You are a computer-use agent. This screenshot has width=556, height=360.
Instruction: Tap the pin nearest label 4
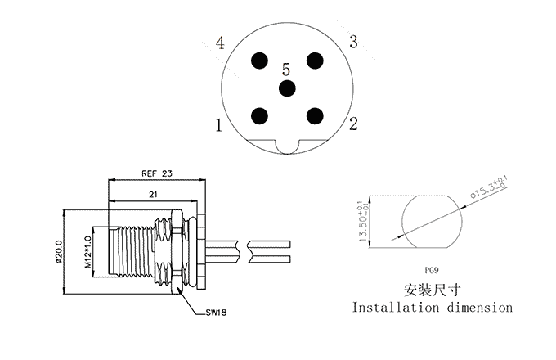[261, 61]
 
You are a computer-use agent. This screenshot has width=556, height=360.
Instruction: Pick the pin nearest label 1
[261, 115]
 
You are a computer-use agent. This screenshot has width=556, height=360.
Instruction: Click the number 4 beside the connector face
[221, 43]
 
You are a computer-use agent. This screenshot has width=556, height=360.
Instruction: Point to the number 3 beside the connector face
[353, 41]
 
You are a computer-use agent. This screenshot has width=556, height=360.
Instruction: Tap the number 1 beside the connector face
[219, 126]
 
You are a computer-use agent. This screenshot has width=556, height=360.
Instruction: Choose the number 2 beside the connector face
[353, 124]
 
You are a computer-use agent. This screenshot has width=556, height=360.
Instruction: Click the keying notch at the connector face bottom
[287, 147]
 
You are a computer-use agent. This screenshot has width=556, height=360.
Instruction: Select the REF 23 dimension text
[157, 173]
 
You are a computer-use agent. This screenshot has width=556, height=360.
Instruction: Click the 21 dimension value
[152, 193]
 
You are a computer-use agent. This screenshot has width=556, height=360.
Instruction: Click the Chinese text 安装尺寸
[433, 289]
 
